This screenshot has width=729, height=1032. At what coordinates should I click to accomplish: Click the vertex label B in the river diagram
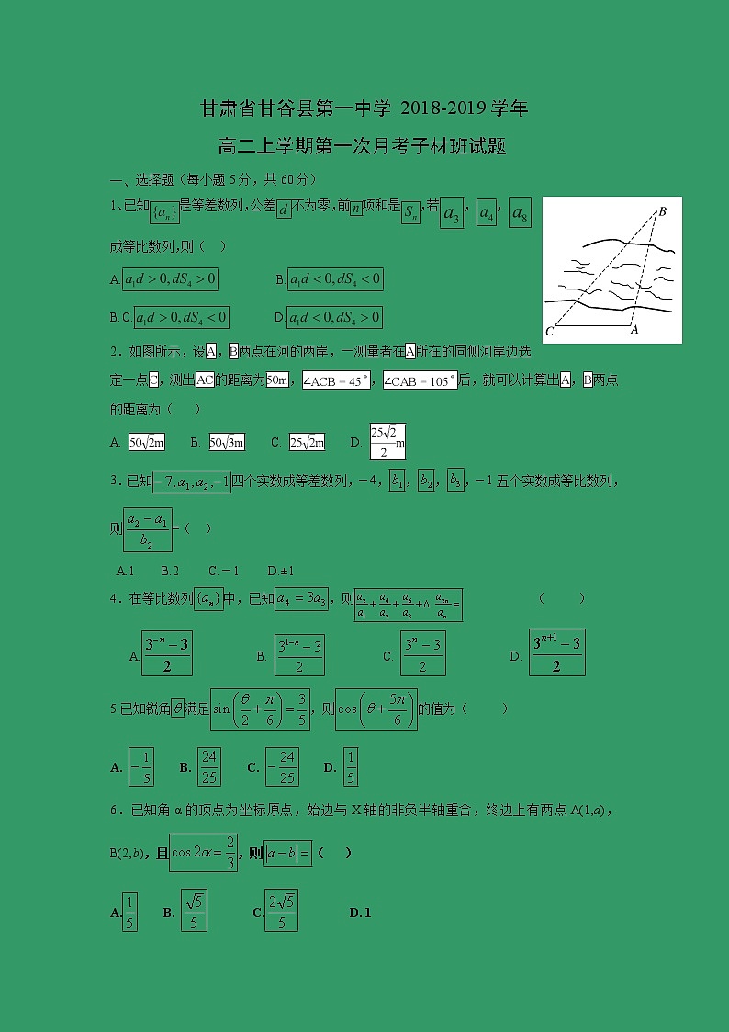tap(661, 212)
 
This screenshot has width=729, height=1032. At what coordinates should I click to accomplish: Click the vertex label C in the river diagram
tap(550, 331)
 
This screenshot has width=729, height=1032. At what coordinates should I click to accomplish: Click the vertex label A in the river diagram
tap(634, 329)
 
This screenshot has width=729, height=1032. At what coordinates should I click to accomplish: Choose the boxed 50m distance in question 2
tap(277, 380)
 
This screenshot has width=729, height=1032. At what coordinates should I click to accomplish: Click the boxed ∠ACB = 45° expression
tap(337, 380)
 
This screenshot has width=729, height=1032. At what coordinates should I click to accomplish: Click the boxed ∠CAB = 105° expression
tap(420, 380)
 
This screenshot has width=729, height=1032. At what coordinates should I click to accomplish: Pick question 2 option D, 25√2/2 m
tap(387, 442)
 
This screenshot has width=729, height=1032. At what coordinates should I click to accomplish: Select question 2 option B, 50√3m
tap(227, 442)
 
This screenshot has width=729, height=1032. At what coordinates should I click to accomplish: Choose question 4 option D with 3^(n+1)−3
tap(556, 653)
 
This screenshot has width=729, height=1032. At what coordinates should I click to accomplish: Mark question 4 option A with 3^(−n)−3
tap(167, 653)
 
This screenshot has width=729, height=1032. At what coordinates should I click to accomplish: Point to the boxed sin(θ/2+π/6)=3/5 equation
tap(261, 709)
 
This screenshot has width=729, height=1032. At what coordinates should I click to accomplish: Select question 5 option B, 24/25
tap(209, 766)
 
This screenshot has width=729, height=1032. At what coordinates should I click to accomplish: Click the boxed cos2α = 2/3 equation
tap(204, 852)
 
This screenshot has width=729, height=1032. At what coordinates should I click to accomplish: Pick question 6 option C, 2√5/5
tap(281, 911)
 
